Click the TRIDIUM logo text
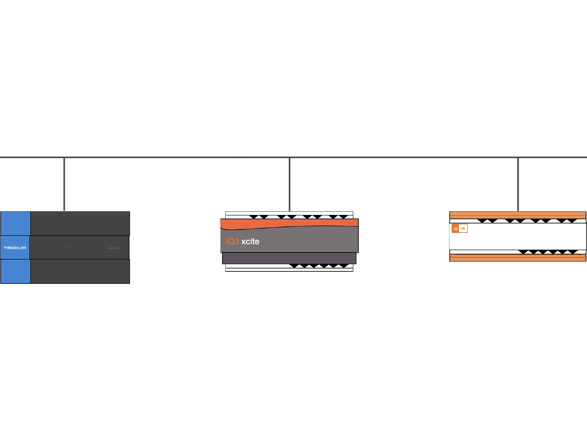click(x=15, y=248)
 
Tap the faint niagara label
click(x=113, y=248)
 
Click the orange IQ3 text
click(x=232, y=242)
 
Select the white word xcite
click(x=250, y=242)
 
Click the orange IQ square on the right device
click(x=456, y=229)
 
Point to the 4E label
click(x=463, y=229)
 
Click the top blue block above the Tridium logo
click(x=15, y=223)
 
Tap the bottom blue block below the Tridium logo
click(x=15, y=271)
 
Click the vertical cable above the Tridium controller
click(x=64, y=185)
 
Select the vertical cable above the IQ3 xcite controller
click(x=290, y=185)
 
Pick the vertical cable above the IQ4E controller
click(x=518, y=185)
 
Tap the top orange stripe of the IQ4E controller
click(x=518, y=214)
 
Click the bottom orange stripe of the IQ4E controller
click(x=518, y=258)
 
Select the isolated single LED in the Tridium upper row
click(x=43, y=242)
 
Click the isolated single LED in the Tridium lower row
click(x=90, y=255)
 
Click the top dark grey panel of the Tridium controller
click(x=80, y=223)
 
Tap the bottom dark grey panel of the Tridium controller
click(x=80, y=271)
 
